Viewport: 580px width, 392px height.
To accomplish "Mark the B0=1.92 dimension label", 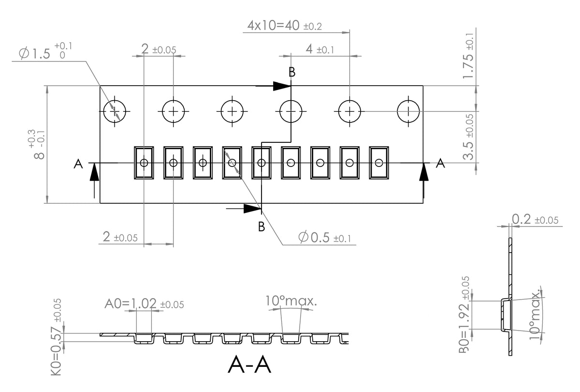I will point(464,315).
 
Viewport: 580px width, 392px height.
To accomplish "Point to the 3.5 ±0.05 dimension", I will point(468,138).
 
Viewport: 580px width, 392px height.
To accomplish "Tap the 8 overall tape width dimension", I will point(38,145).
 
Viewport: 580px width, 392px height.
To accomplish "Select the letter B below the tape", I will point(261,226).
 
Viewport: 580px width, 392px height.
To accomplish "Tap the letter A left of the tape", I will point(78,165).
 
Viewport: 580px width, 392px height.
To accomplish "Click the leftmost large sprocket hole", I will point(115,111).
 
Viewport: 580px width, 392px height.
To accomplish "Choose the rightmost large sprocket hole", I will point(409,111).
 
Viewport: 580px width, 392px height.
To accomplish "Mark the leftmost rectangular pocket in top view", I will point(144,163).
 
